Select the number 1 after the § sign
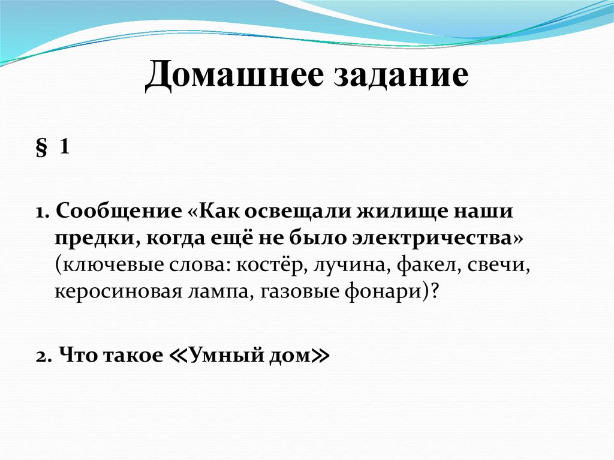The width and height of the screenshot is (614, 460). tap(64, 148)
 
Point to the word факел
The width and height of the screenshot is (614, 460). tap(420, 264)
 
